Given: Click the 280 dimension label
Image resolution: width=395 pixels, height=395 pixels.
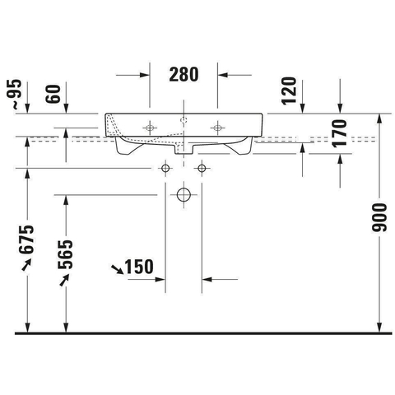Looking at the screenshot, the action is pos(184,75).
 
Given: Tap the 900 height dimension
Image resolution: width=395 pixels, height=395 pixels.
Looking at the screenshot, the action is pos(379,217).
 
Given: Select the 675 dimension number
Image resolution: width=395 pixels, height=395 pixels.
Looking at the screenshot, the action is pos(27,239).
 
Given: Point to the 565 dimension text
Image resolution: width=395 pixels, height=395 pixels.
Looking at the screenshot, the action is pos(66,254).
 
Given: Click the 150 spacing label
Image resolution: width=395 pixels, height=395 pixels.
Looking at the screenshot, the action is pos(139,267).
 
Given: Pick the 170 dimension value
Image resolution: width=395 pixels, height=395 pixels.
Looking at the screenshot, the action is pos(340,133).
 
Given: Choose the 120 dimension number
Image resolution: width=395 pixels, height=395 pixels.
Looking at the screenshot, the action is pos(290,91).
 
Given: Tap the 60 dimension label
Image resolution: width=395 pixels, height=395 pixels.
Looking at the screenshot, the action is pos(53,94).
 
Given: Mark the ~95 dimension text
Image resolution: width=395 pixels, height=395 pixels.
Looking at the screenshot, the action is pos(14,95).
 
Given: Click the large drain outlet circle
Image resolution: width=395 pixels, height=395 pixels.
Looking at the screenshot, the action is pos(184,195).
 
